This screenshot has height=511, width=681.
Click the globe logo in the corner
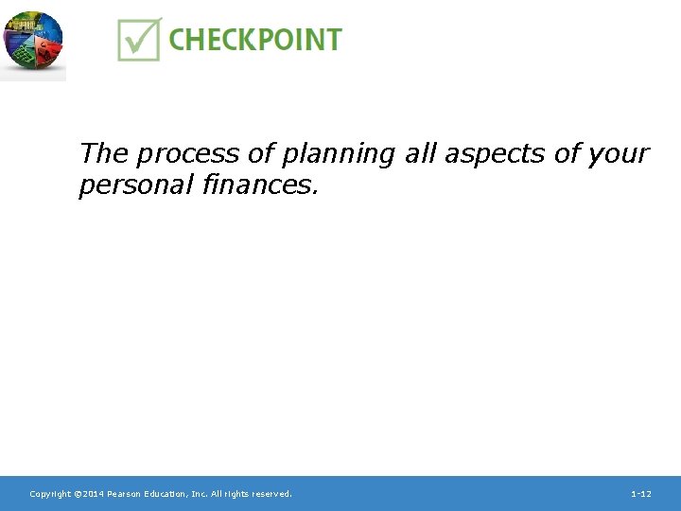click(x=32, y=40)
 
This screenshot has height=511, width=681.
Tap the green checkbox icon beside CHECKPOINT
click(x=139, y=40)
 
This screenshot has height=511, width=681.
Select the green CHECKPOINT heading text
click(x=254, y=40)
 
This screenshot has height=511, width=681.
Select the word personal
click(x=137, y=185)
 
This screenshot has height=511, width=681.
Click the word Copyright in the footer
click(x=50, y=494)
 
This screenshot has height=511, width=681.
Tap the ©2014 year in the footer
click(x=89, y=494)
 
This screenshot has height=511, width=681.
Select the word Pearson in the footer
click(x=125, y=494)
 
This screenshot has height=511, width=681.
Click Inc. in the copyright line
click(x=201, y=494)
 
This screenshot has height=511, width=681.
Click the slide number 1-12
click(x=640, y=494)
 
